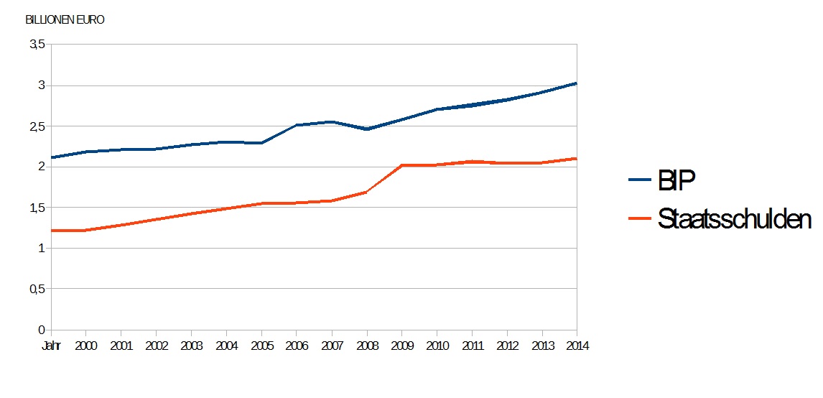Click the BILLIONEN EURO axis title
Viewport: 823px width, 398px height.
(65, 20)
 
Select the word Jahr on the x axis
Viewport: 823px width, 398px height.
(51, 346)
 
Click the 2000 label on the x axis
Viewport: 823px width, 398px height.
(85, 346)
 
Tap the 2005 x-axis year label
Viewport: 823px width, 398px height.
(261, 346)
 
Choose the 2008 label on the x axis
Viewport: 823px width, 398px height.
(367, 346)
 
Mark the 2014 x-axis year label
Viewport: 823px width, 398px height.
(577, 346)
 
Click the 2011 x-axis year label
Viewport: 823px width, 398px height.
(472, 346)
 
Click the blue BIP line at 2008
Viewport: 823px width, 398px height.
(367, 129)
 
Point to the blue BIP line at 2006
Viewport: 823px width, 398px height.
(297, 125)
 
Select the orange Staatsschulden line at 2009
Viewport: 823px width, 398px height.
(402, 165)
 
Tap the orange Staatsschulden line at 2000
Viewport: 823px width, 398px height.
(85, 231)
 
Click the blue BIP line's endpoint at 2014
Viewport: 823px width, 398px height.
(576, 83)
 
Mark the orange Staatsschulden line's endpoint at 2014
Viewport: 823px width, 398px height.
(576, 159)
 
